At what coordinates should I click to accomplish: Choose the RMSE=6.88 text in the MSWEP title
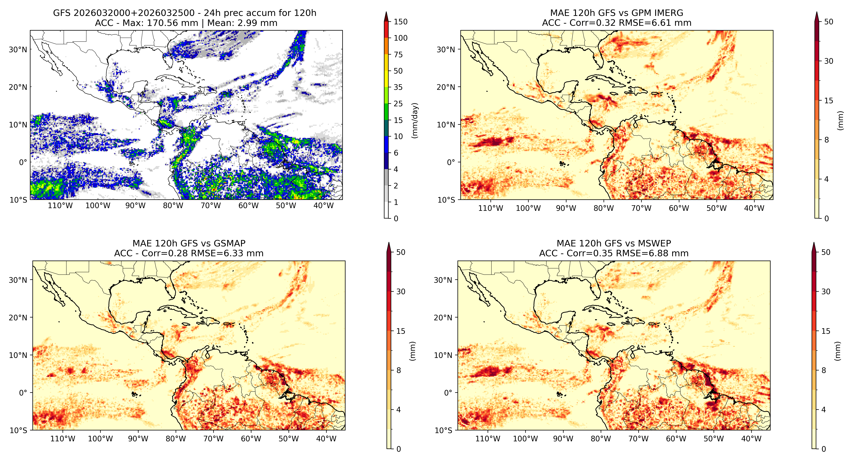pos(652,254)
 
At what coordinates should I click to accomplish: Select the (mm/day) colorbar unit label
pos(414,120)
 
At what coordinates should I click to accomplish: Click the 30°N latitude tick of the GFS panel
pos(18,50)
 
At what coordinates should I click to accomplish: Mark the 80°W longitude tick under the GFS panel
pos(173,206)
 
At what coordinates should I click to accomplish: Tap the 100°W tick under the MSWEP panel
pos(525,439)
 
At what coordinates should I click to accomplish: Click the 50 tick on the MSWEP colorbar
pos(826,252)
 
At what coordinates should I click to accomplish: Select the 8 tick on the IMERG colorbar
pos(826,140)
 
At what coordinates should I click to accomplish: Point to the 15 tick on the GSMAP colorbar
pos(401,331)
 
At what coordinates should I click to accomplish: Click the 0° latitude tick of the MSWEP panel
pos(448,393)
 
